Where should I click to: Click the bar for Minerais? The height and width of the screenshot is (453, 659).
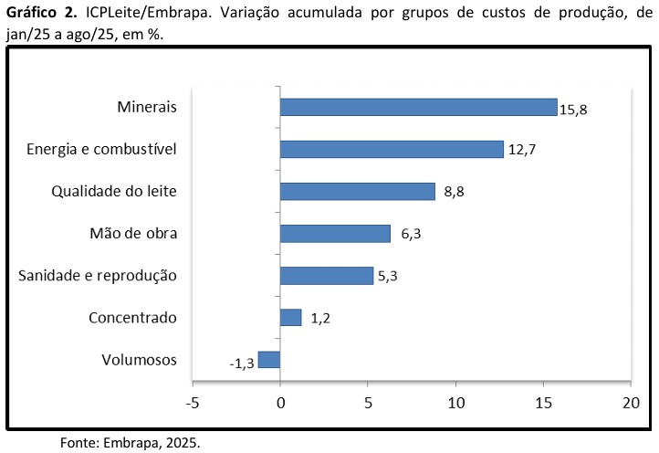418,107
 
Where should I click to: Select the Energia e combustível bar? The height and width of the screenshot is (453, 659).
392,149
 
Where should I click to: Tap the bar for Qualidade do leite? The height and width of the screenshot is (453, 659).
357,191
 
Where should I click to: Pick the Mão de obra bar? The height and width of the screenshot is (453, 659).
335,233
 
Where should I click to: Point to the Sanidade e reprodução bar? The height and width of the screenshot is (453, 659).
326,275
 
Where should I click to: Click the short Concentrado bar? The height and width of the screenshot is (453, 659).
290,317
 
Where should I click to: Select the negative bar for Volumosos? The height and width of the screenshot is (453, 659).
269,359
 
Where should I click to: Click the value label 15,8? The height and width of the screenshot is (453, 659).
573,110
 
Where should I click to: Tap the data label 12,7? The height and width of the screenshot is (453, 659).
520,150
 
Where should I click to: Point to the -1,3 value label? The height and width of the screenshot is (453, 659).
241,364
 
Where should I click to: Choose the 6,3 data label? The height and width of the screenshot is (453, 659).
412,234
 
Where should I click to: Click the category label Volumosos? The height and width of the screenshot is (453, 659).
139,360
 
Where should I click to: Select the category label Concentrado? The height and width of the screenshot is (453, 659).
132,318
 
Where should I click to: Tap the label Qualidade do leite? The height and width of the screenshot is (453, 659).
114,192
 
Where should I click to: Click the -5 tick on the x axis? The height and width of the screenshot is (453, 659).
192,402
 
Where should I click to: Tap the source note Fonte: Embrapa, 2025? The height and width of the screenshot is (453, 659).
130,443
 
